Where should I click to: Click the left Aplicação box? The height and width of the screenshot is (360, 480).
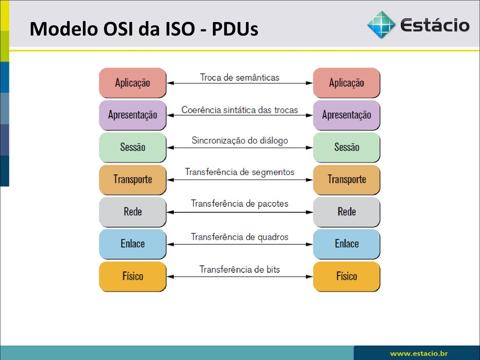133,82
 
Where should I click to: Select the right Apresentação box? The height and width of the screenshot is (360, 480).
346,115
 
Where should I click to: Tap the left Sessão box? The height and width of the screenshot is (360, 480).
133,147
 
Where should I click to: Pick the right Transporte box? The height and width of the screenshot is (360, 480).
346,180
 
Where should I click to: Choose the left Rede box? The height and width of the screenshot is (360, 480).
133,212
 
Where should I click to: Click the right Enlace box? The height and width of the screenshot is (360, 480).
346,244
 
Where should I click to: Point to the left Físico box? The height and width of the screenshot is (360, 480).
133,277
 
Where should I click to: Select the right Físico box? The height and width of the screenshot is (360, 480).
346,277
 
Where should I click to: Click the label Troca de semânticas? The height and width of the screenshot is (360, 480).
240,77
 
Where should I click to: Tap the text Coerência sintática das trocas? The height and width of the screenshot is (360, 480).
240,110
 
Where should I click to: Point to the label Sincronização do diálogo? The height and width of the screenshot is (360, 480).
240,141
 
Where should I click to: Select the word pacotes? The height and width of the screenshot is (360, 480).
273,204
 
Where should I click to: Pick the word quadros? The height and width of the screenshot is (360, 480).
273,237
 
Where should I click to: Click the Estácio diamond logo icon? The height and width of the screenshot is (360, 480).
381,24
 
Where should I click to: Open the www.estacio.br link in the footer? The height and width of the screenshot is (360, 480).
419,353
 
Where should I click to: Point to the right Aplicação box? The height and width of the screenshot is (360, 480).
346,82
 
